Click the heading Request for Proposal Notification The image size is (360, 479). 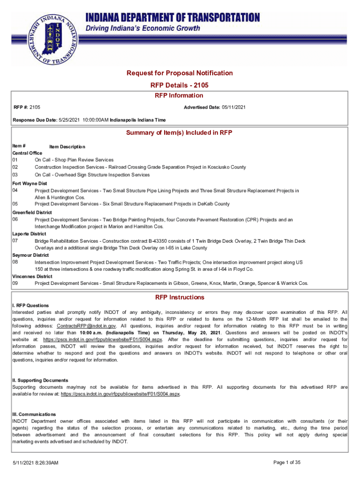click(x=180, y=73)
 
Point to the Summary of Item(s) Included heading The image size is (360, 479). click(x=180, y=132)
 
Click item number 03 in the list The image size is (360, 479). click(x=15, y=175)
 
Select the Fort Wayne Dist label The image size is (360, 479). click(x=29, y=183)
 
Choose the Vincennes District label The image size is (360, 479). click(x=32, y=276)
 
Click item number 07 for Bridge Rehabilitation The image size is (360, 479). click(x=15, y=240)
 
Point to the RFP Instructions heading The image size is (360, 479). click(x=180, y=297)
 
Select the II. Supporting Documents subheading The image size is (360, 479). click(x=40, y=380)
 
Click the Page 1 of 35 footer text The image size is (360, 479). click(x=286, y=463)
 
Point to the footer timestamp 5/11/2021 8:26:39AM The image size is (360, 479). click(x=35, y=463)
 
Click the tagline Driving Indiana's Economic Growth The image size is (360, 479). click(x=143, y=29)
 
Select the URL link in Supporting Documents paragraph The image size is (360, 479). click(x=121, y=394)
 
